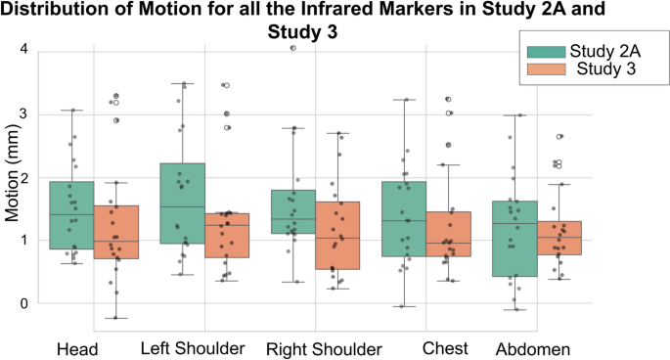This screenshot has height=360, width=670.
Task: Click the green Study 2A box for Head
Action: (x=71, y=215)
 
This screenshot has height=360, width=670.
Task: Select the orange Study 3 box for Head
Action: (x=116, y=232)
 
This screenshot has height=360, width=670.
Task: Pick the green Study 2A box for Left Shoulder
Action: (x=182, y=203)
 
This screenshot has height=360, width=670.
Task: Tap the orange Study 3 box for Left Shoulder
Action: (x=227, y=235)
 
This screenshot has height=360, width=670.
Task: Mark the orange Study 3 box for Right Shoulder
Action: (x=337, y=235)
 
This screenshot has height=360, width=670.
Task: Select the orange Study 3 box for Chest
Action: (x=448, y=234)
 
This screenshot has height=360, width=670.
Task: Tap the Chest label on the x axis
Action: (x=440, y=348)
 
